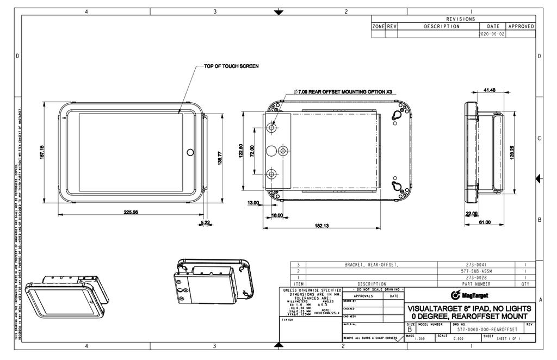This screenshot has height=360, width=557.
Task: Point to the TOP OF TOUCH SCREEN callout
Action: coord(231,66)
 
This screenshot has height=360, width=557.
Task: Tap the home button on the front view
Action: coord(190,152)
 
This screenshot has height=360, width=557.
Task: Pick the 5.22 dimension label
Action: coord(205,222)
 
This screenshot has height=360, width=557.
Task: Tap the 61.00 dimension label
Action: coord(484,222)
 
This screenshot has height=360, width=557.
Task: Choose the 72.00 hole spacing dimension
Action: coord(251,151)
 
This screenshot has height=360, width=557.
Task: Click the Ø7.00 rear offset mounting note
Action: coord(343,92)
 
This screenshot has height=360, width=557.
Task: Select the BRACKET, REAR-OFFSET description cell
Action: coord(372,265)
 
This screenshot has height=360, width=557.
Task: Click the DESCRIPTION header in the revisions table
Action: coord(441,26)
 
